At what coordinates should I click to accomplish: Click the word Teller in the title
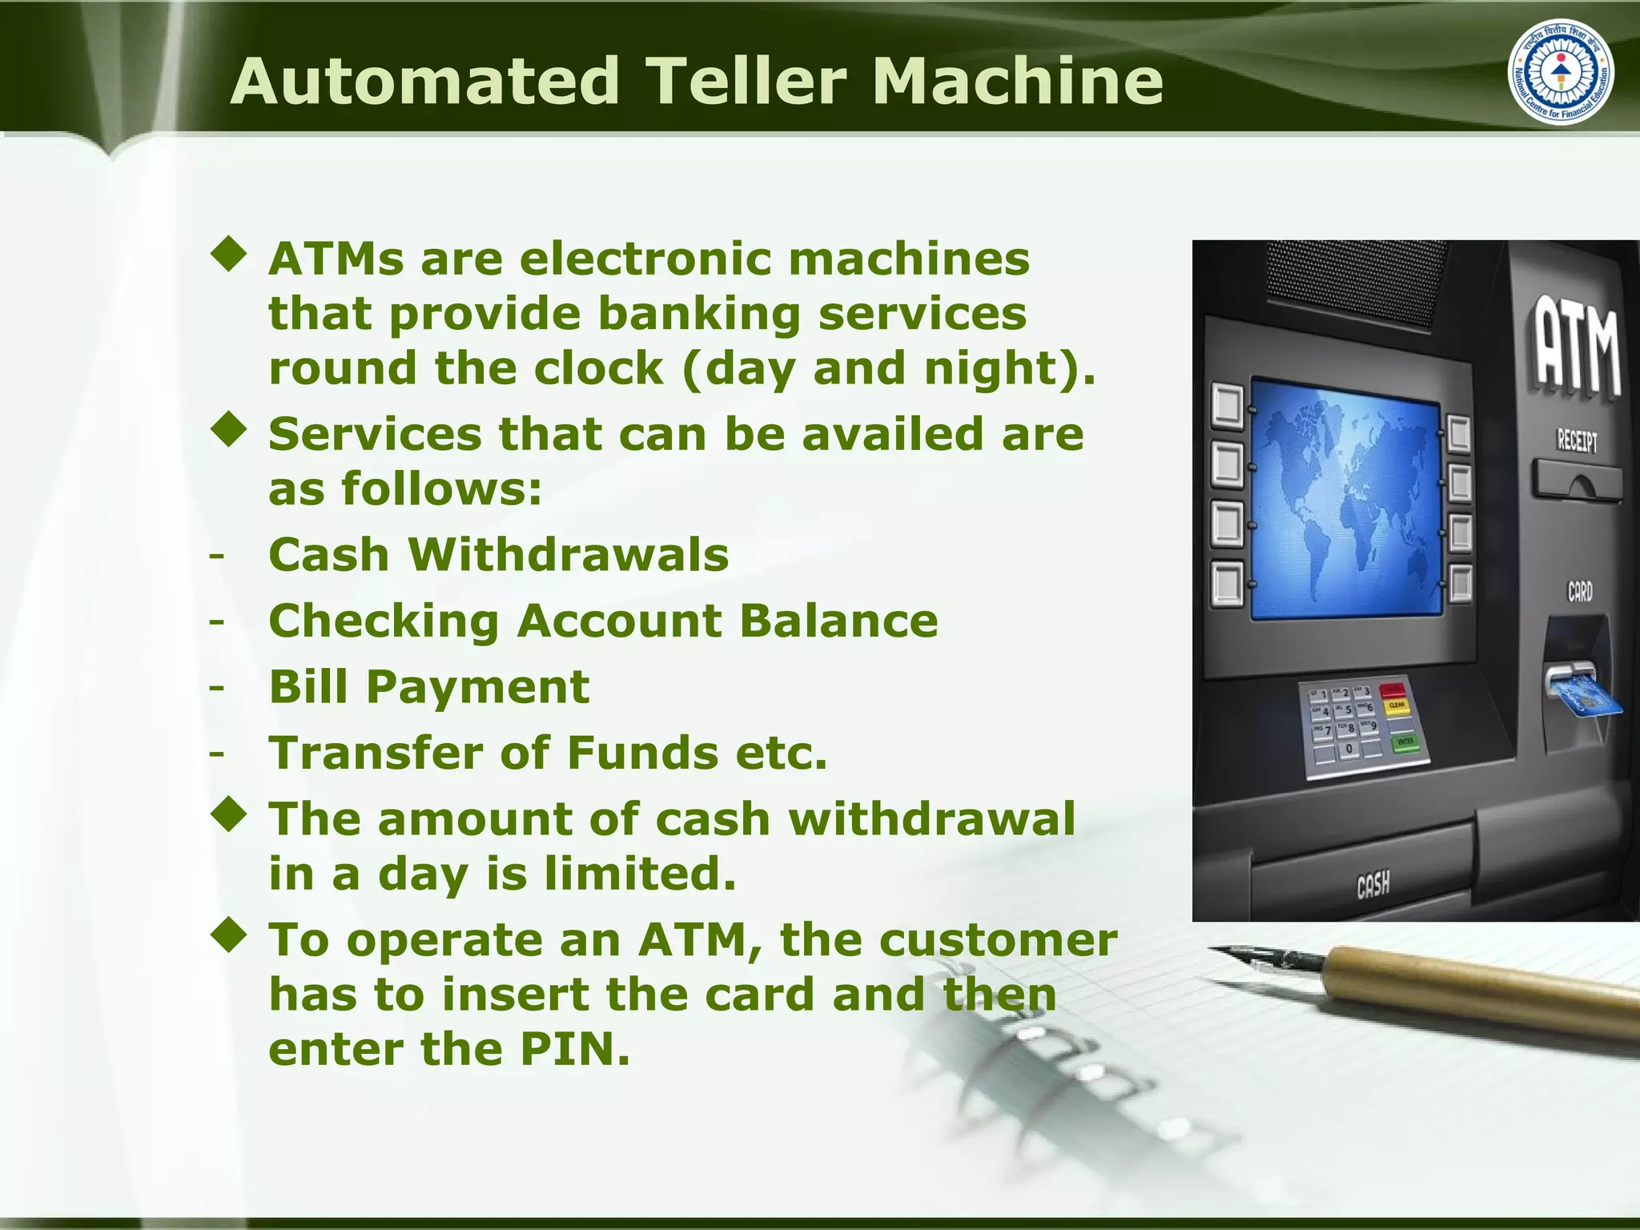[x=745, y=81]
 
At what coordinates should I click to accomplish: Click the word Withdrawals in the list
[x=569, y=554]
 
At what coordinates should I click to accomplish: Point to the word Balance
[x=838, y=621]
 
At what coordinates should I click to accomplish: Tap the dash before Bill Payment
[x=216, y=687]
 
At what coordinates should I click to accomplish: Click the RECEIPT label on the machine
[x=1577, y=440]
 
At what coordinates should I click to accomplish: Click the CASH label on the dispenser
[x=1373, y=885]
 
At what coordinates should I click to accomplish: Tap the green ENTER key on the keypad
[x=1405, y=742]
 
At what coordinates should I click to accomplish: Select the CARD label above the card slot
[x=1579, y=592]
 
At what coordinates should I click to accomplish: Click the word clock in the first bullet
[x=597, y=368]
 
